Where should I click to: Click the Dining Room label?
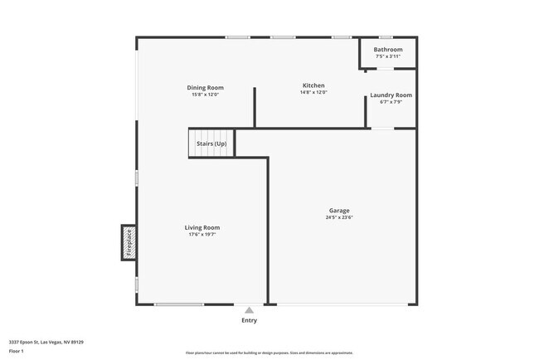point(205,88)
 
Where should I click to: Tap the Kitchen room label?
point(313,85)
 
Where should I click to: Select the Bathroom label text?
point(388,50)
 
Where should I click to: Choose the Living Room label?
point(202,227)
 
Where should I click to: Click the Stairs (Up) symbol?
point(211,144)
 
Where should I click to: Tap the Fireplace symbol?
point(129,242)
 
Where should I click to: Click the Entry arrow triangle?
point(249,310)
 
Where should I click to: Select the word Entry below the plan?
point(249,320)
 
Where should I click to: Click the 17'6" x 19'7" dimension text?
point(202,235)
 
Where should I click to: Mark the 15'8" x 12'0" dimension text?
point(205,95)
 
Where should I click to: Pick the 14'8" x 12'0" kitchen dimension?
point(313,92)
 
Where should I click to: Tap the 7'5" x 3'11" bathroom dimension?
point(388,56)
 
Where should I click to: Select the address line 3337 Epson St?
point(46,342)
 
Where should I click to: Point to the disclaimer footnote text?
point(269,353)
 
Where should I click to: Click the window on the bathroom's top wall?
point(386,37)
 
